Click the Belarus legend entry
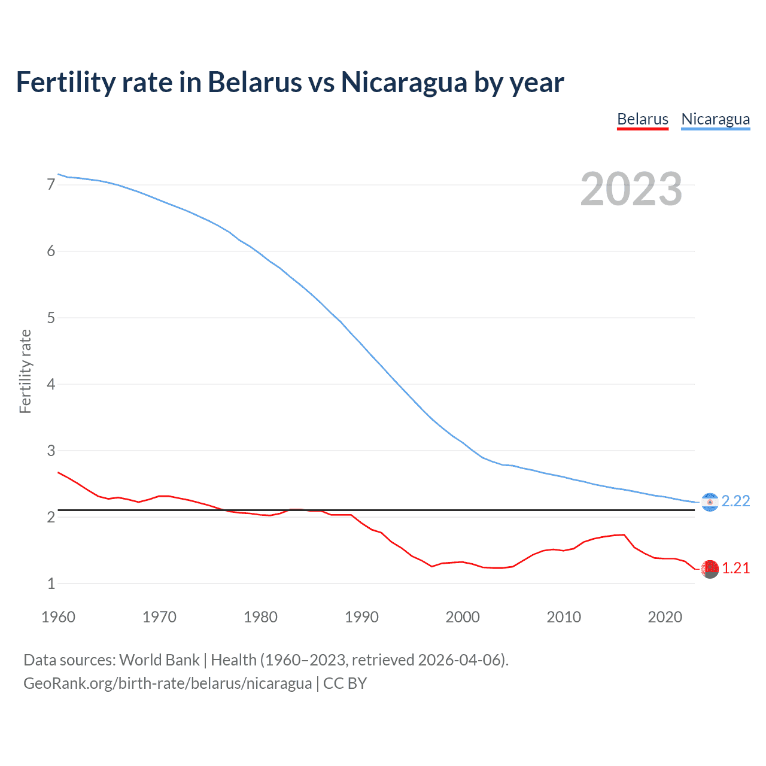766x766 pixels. [642, 119]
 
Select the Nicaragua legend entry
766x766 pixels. [715, 119]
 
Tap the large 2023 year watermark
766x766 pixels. [631, 189]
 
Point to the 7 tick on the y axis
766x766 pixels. [51, 184]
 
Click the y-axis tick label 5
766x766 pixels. [51, 318]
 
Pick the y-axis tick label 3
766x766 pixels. [51, 451]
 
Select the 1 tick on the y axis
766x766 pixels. [51, 583]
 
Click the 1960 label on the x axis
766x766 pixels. [58, 617]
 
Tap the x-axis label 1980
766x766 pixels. [260, 617]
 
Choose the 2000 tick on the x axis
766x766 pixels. [463, 617]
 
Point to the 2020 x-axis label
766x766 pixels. [665, 617]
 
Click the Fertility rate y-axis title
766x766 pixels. [25, 371]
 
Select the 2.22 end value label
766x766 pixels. [735, 501]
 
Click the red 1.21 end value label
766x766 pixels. [735, 568]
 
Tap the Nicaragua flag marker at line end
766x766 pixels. [710, 502]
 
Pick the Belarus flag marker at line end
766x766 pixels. [710, 569]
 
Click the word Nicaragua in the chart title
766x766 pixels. [405, 82]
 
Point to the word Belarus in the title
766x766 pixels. [255, 82]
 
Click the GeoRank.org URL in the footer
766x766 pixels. [168, 683]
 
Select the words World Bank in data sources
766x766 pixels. [159, 660]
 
